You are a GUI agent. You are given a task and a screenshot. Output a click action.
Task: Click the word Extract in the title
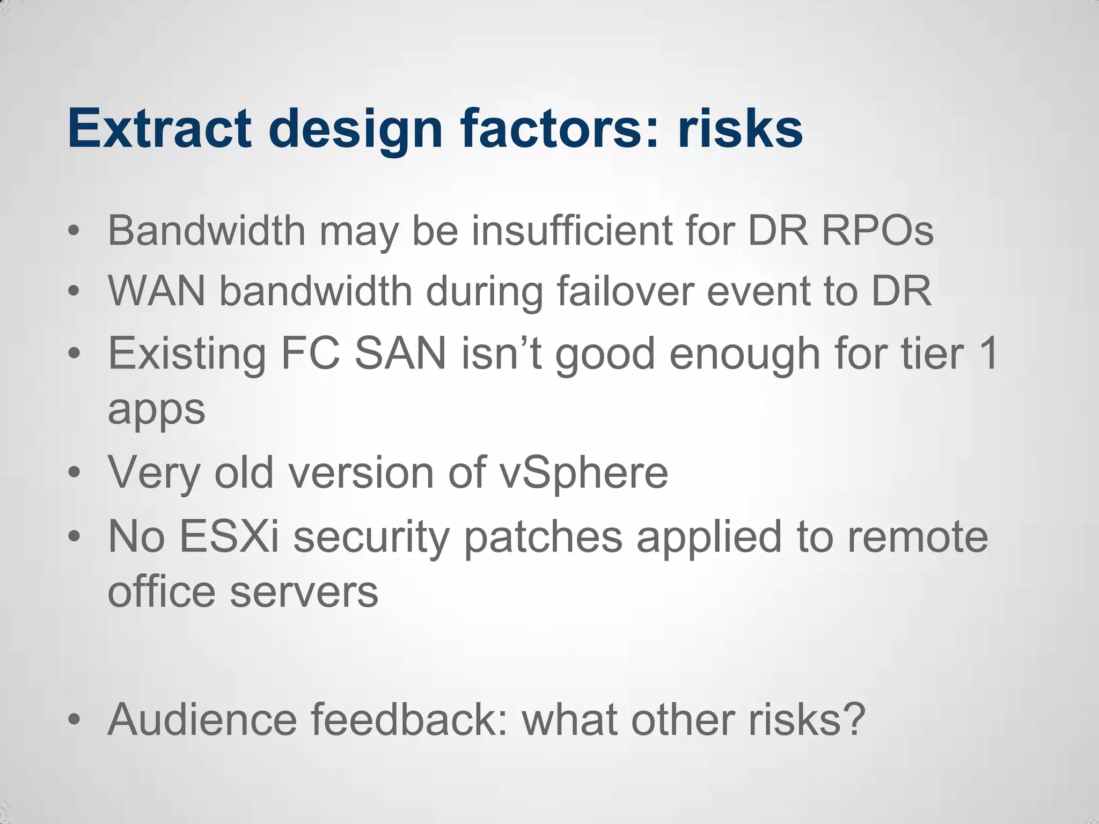tap(159, 129)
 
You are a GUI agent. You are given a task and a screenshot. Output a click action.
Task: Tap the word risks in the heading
tap(740, 129)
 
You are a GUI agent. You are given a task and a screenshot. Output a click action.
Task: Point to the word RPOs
tap(877, 231)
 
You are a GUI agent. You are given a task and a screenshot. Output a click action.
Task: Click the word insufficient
tap(572, 231)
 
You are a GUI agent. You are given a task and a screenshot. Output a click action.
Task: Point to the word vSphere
tap(583, 473)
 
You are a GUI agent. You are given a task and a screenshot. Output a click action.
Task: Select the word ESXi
tap(229, 536)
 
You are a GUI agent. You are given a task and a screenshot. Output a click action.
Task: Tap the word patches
tap(543, 536)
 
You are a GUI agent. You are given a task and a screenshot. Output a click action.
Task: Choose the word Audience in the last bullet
tap(202, 719)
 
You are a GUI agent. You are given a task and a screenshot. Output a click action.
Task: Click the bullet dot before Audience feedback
tap(74, 719)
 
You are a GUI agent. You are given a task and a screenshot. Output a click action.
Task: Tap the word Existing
tap(187, 354)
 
